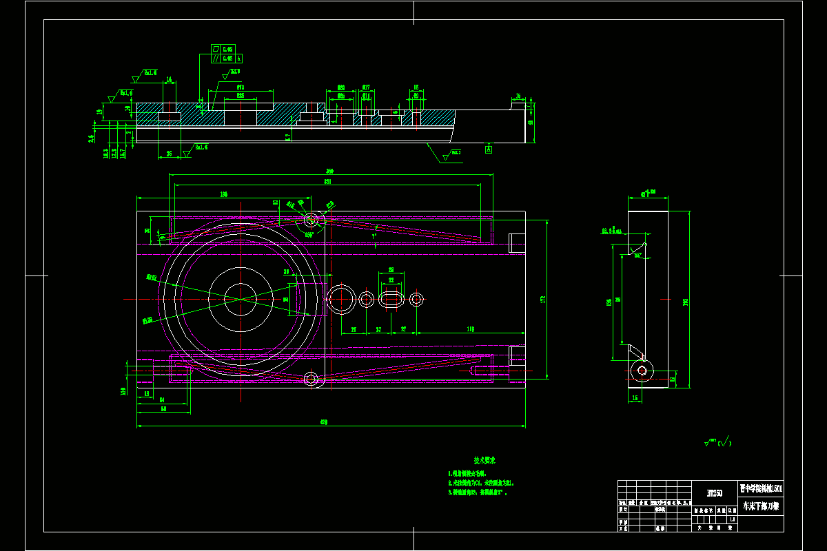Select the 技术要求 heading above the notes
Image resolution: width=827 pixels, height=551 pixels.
pyautogui.click(x=484, y=460)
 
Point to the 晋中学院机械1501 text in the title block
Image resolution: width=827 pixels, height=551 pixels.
pyautogui.click(x=760, y=488)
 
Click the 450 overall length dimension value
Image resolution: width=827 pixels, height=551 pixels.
pyautogui.click(x=324, y=422)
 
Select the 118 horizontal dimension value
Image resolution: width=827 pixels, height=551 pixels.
pyautogui.click(x=470, y=330)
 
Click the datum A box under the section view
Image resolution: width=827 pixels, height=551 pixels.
pyautogui.click(x=489, y=149)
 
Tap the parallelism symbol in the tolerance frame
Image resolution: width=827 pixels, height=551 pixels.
pyautogui.click(x=216, y=59)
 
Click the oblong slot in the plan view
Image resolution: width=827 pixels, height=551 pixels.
pyautogui.click(x=391, y=299)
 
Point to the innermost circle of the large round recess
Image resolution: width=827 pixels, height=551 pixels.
pyautogui.click(x=239, y=299)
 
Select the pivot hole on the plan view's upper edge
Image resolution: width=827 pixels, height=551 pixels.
pyautogui.click(x=311, y=220)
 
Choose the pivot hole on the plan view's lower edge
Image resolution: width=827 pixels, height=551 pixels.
pyautogui.click(x=311, y=378)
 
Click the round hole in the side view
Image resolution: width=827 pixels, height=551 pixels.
pyautogui.click(x=642, y=371)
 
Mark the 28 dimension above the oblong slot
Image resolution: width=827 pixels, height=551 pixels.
pyautogui.click(x=391, y=270)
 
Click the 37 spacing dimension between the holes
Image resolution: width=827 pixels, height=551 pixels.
pyautogui.click(x=378, y=330)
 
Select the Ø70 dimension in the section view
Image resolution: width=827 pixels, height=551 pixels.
pyautogui.click(x=241, y=88)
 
